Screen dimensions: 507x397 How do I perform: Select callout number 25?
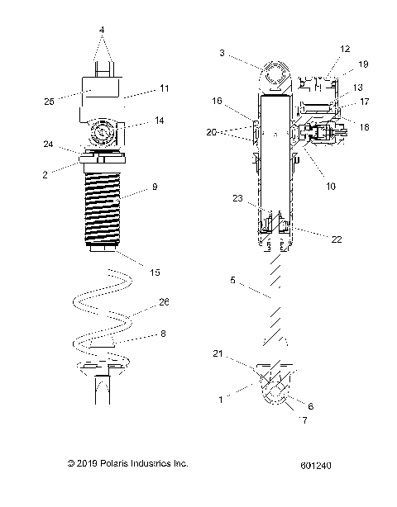point(49,100)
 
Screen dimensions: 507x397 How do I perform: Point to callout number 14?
point(160,120)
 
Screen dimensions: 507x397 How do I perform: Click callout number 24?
point(49,145)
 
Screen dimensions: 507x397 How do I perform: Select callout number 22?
point(336,239)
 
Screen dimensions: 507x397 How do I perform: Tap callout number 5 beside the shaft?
point(232,280)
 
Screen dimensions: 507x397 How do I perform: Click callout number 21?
point(217,353)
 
